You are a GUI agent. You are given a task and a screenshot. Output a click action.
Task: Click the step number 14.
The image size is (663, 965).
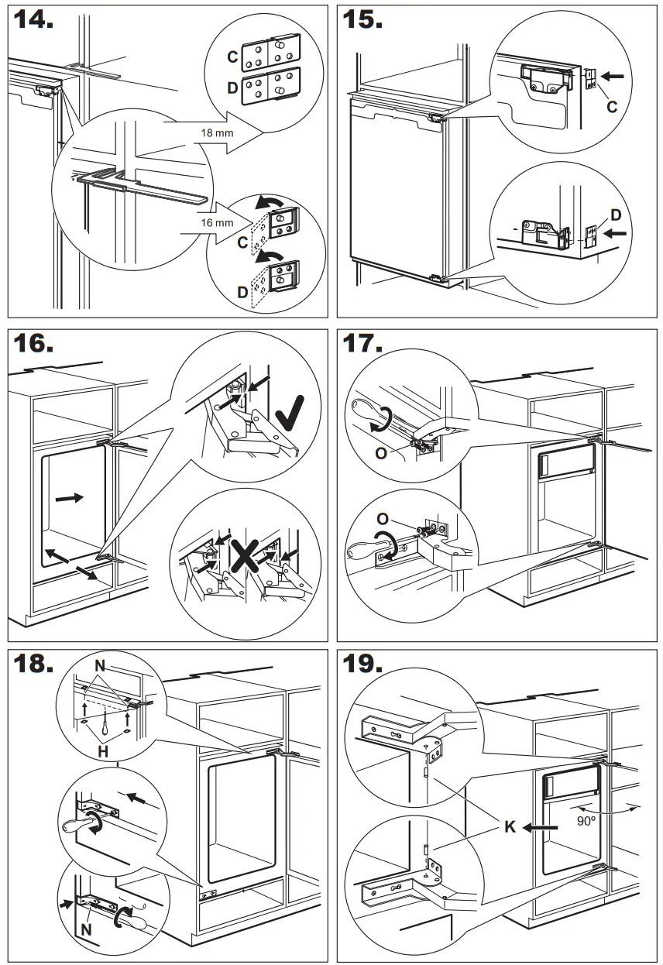[33, 21]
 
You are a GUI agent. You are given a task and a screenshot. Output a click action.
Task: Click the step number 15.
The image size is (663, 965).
[362, 21]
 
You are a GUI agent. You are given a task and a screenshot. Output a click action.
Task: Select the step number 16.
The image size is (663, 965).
[33, 345]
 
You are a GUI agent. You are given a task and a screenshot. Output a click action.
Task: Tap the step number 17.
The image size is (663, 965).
[362, 345]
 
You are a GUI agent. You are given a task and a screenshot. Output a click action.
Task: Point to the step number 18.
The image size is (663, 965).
[33, 664]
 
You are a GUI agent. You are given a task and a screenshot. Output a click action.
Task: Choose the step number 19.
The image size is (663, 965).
[362, 664]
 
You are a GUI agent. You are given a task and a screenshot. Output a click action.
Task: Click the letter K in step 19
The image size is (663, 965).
[510, 828]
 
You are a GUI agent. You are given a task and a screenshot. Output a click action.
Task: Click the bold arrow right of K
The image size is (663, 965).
[540, 828]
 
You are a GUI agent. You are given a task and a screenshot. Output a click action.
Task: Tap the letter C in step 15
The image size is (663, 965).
[611, 107]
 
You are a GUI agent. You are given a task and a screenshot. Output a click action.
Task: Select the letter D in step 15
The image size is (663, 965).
[616, 213]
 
